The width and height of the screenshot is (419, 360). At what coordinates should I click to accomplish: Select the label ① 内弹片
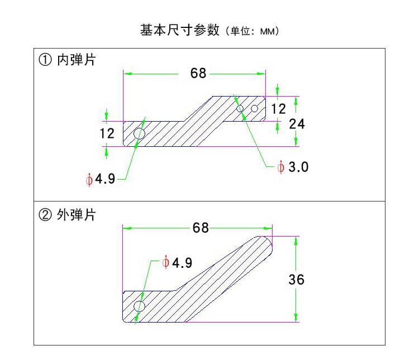(x=67, y=60)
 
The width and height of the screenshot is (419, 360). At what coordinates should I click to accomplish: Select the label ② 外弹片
(x=67, y=215)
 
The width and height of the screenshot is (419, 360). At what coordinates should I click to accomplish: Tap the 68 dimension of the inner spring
(x=198, y=73)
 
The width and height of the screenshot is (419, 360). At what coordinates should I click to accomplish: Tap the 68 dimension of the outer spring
(x=200, y=228)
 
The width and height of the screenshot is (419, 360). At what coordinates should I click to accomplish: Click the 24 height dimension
(x=297, y=124)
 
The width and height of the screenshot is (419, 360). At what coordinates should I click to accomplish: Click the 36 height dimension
(x=297, y=279)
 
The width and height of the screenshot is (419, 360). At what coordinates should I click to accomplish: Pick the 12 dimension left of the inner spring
(x=107, y=134)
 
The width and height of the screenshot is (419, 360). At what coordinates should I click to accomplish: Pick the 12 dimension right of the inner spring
(x=278, y=108)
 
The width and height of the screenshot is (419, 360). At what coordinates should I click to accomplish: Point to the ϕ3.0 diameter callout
(x=293, y=167)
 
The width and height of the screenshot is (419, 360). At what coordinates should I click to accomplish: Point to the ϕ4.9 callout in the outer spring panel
(x=177, y=263)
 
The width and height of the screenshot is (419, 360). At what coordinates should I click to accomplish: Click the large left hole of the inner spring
(x=139, y=133)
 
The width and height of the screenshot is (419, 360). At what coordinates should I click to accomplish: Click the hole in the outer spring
(x=139, y=306)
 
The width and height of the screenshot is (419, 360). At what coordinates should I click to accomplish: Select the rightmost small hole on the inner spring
(x=254, y=108)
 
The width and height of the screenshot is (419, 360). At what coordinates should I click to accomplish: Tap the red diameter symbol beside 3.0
(x=281, y=167)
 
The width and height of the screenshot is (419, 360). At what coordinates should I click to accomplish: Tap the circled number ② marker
(x=45, y=215)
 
